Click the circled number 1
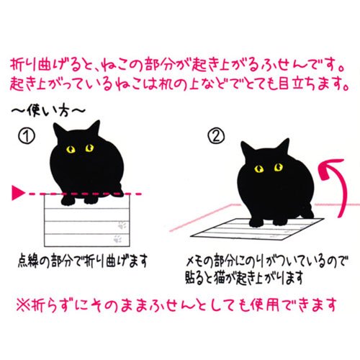[x=27, y=136]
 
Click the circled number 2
[x=216, y=136]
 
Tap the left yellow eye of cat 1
[x=71, y=150]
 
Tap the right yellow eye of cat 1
[x=89, y=148]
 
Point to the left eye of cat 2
[x=259, y=168]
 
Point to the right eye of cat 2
[x=279, y=167]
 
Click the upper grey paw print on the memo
[x=122, y=225]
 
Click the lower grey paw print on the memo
[x=117, y=238]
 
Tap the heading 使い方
[x=48, y=111]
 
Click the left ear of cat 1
[x=58, y=131]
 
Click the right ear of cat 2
[x=283, y=145]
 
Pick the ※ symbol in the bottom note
[x=23, y=305]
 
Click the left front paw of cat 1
[x=68, y=201]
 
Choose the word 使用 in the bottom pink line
[x=264, y=305]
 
